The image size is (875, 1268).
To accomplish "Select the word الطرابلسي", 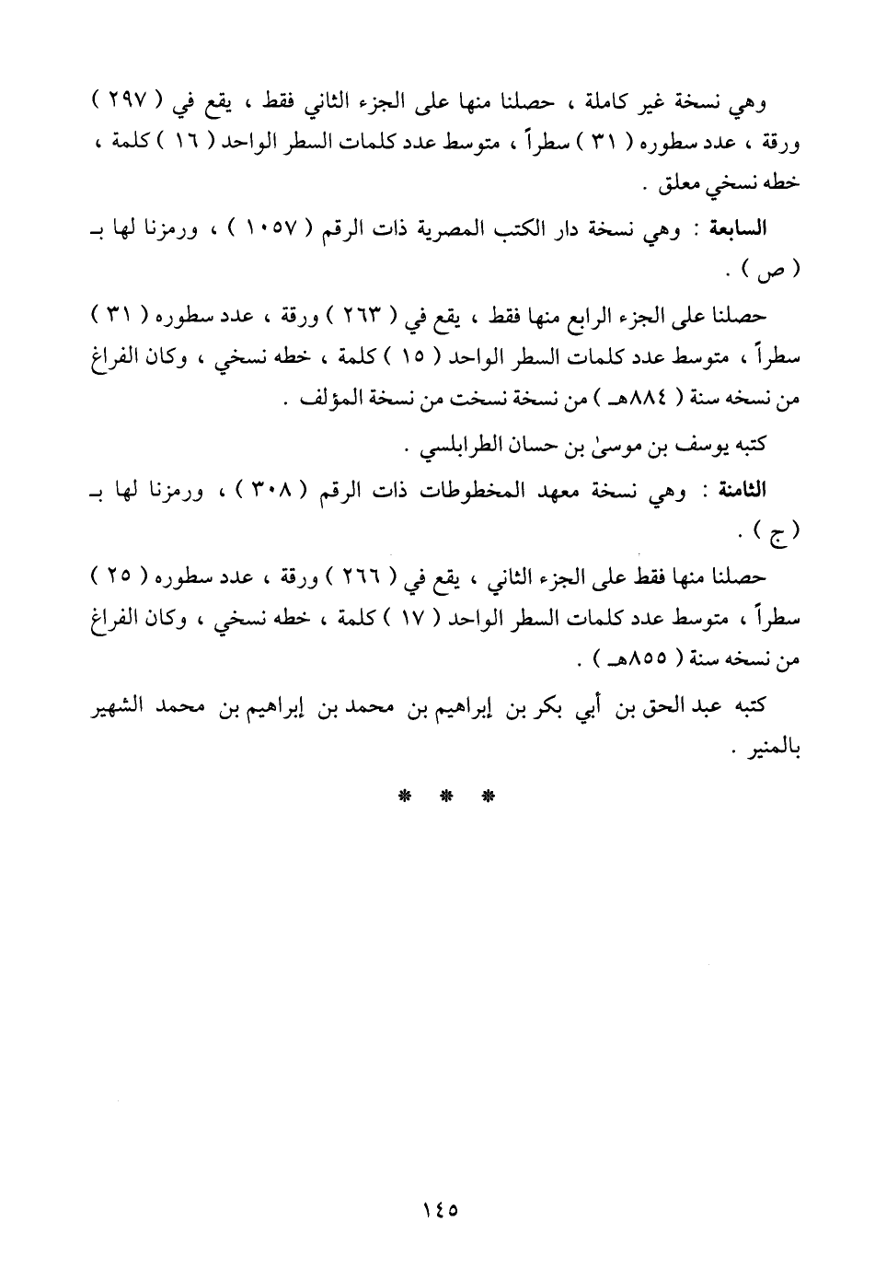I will pyautogui.click(x=455, y=446).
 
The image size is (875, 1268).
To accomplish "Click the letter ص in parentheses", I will pyautogui.click(x=773, y=272).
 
